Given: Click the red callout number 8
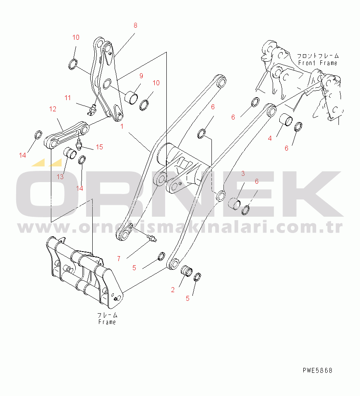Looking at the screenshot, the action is pos(135,25).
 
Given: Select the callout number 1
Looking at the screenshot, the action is pos(122,126).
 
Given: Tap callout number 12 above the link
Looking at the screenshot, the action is pos(53,109).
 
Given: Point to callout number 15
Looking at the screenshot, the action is pos(100,147).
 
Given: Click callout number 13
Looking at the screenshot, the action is pos(60,177).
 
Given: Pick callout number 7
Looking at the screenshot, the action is pos(119,259).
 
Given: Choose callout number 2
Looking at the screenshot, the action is pos(173,290).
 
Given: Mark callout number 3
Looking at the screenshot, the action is pos(243,173).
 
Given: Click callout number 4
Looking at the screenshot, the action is pos(270,138).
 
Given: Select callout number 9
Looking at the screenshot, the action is pos(141,76).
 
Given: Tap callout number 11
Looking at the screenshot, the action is pos(67,98).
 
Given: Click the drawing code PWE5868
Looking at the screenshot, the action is pos(317,370).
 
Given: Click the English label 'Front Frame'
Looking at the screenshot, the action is pos(318,62).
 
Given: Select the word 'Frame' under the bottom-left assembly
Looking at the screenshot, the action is pos(107,322).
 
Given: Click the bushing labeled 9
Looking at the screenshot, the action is pos(132,97).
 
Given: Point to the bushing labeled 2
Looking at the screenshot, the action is pos(187,271).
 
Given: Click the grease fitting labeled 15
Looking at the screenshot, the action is pos(79,144).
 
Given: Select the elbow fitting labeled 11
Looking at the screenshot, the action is pos(91,110).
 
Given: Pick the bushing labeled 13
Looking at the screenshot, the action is pos(70,153).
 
